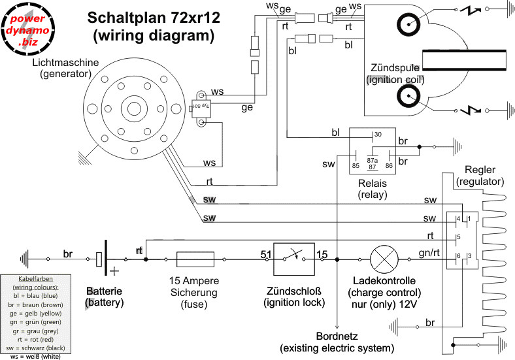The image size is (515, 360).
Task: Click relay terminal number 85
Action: click(356, 166)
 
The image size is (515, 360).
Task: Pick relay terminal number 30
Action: click(377, 135)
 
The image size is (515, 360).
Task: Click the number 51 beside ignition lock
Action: click(266, 253)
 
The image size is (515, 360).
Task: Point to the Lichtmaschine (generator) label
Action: click(65, 68)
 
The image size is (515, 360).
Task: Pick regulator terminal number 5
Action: click(459, 237)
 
